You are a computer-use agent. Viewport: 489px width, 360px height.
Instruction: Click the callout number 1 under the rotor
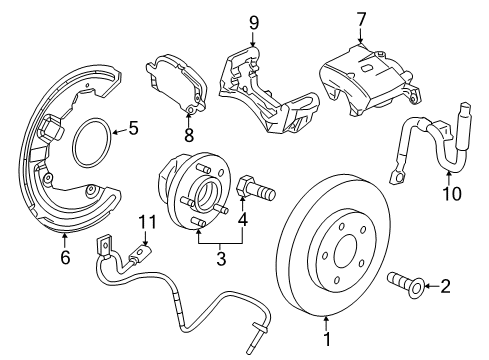click(327, 348)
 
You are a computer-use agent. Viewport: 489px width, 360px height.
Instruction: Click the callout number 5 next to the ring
click(132, 128)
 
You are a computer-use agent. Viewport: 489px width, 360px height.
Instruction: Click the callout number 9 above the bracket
click(253, 22)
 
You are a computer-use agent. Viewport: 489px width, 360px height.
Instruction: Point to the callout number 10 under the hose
click(453, 193)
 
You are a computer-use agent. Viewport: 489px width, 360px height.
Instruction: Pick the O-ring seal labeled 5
click(91, 138)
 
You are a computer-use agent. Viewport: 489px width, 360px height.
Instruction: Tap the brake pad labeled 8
click(172, 80)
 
